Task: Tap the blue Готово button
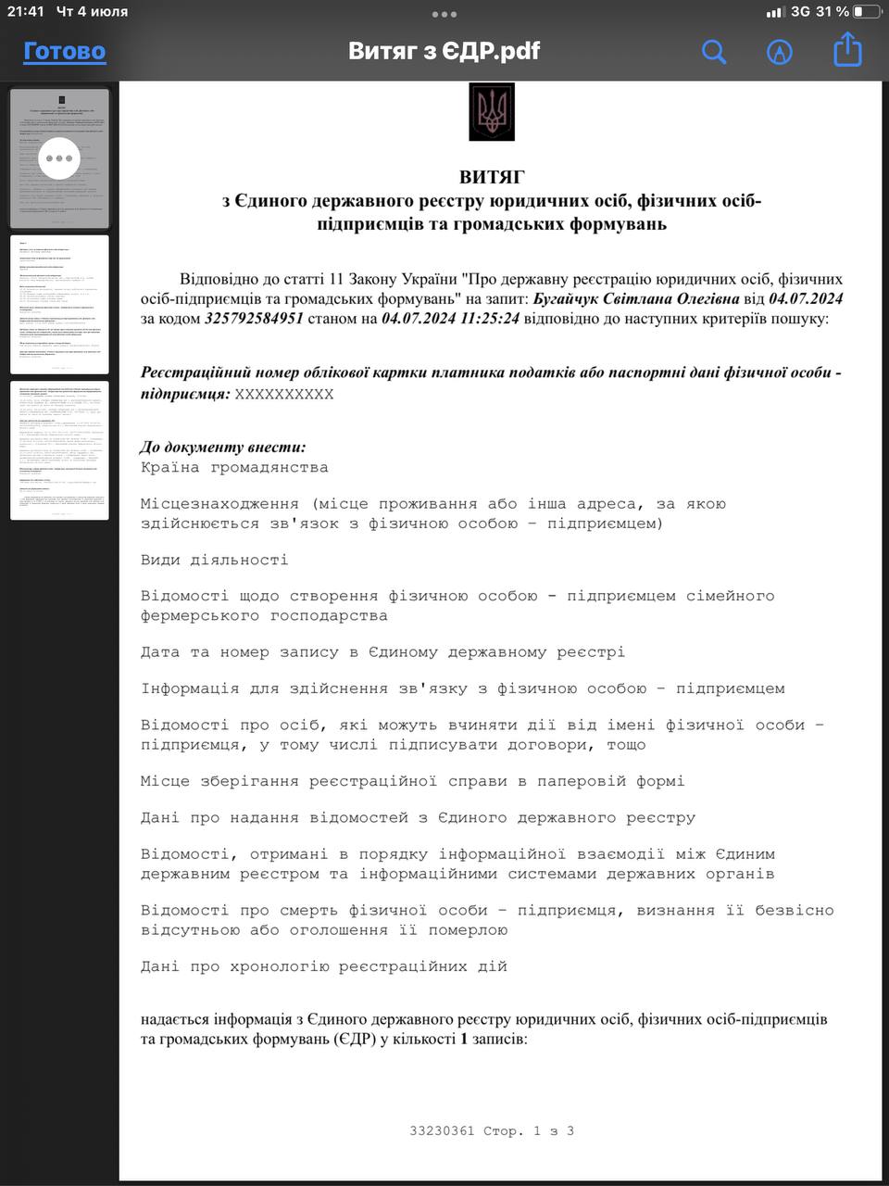[64, 51]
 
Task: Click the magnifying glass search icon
[713, 51]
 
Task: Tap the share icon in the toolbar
[847, 50]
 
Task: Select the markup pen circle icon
[780, 52]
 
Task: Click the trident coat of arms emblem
[491, 112]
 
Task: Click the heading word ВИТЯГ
[491, 176]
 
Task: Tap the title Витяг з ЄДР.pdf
[444, 51]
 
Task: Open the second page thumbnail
[60, 305]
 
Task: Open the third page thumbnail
[60, 450]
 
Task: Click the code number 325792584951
[254, 319]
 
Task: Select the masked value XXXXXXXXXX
[283, 394]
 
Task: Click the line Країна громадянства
[234, 468]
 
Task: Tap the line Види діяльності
[214, 560]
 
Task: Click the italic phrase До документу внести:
[222, 448]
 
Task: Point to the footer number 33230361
[442, 1130]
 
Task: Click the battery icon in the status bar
[867, 12]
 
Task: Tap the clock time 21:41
[26, 12]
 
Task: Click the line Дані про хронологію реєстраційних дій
[324, 966]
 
